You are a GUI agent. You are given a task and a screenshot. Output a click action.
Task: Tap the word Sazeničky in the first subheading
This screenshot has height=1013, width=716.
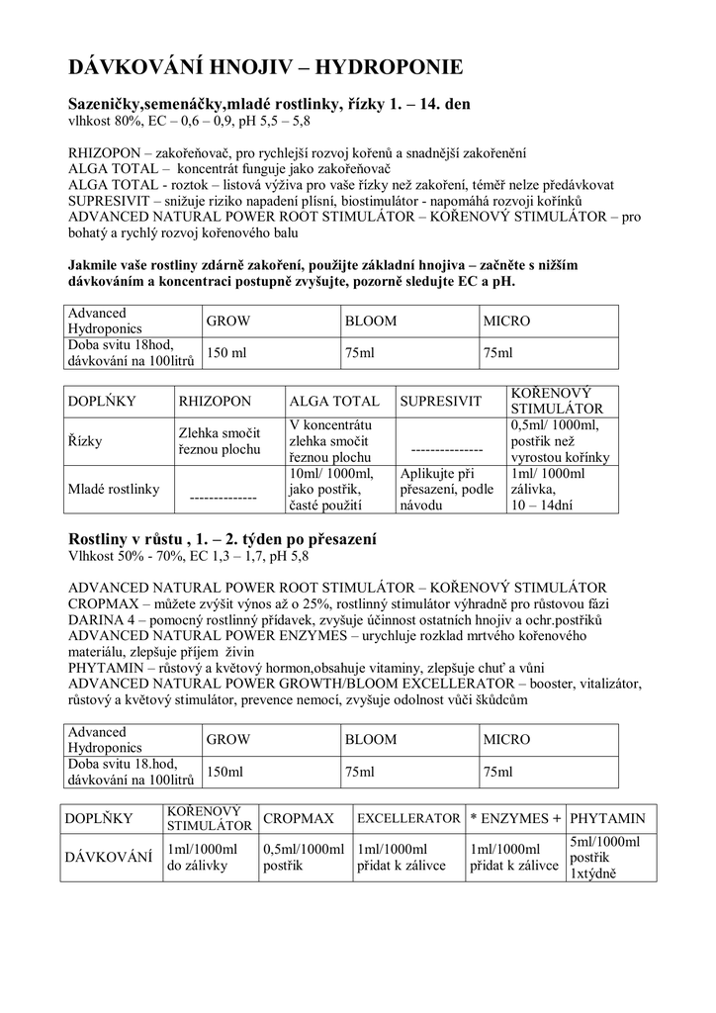pyautogui.click(x=106, y=103)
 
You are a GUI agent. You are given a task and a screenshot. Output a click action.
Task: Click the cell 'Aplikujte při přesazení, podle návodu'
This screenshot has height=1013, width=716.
pyautogui.click(x=446, y=489)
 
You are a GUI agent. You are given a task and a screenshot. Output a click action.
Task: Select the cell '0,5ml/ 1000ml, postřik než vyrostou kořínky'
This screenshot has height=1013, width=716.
pyautogui.click(x=561, y=440)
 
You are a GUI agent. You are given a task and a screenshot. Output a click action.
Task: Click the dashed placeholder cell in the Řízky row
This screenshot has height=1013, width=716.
pyautogui.click(x=446, y=447)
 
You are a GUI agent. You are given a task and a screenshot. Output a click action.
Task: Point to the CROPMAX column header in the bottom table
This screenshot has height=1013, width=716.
pyautogui.click(x=299, y=819)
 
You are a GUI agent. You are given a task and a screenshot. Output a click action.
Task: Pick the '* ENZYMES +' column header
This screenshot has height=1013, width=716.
pyautogui.click(x=515, y=819)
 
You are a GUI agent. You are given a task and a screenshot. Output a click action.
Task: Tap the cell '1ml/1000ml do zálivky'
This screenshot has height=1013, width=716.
pyautogui.click(x=203, y=858)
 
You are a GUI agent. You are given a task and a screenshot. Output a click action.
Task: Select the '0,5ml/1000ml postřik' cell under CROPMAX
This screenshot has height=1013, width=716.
pyautogui.click(x=304, y=858)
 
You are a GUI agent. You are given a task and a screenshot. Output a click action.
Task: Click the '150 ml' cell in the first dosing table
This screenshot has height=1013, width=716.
pyautogui.click(x=225, y=353)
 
